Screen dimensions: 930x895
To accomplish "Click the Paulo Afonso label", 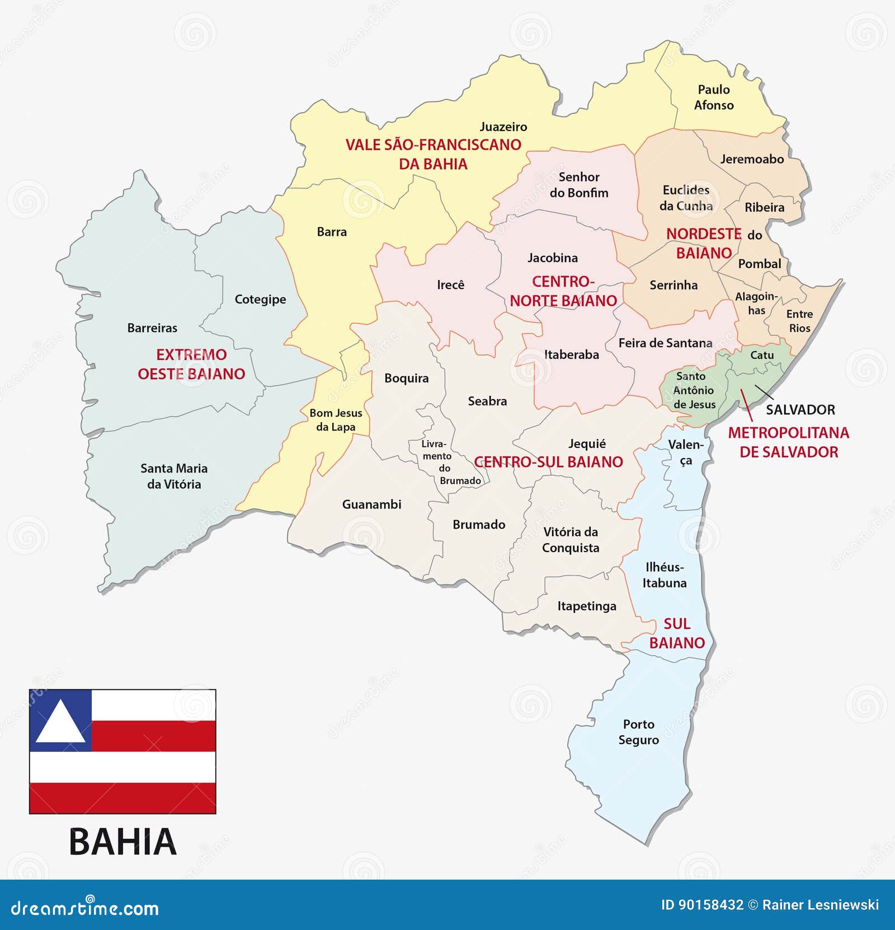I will pos(713,97).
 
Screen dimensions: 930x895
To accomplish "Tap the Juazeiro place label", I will pos(503,127).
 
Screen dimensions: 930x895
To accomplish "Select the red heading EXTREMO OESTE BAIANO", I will pos(191,364).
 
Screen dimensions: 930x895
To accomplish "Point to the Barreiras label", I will pos(152,328).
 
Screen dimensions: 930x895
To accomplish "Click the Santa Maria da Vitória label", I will pos(173,476).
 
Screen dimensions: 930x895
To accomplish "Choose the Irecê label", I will pos(450,285).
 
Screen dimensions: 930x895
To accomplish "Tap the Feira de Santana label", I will pos(665,343).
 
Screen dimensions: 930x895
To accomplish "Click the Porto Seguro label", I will pos(638,732).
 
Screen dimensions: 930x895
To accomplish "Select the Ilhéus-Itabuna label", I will pos(664,575).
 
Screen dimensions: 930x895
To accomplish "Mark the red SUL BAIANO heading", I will pos(677,633).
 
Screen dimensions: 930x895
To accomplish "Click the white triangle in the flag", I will pos(60,722).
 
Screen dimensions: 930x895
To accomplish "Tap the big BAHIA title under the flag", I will pos(123,842).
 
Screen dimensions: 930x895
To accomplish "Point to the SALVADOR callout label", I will pos(800,410).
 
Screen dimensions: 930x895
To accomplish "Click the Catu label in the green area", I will pos(761,355).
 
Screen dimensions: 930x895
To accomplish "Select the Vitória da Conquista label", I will pos(570,540).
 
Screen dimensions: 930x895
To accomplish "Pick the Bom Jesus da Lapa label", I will pos(336,420).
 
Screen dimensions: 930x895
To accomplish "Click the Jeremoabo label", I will pos(752,160).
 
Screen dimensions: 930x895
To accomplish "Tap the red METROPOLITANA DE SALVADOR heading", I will pos(788,442).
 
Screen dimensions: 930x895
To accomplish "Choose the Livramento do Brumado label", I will pos(445,462).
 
